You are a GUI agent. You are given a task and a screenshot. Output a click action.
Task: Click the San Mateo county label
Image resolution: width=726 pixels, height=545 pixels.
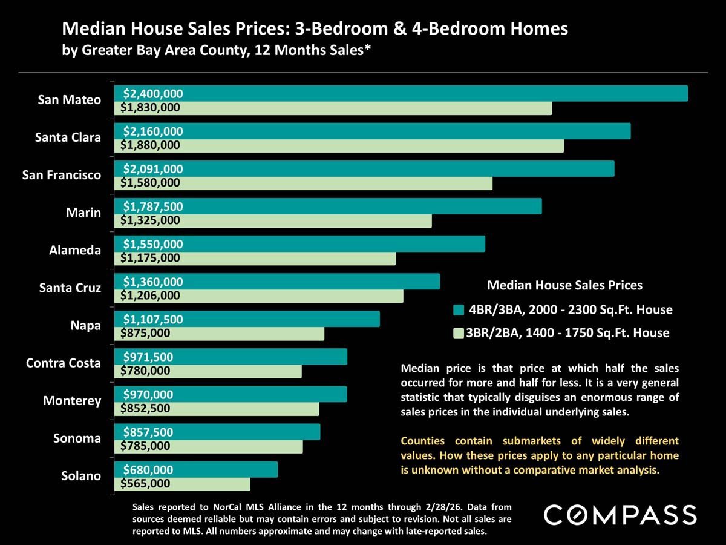[x=69, y=100]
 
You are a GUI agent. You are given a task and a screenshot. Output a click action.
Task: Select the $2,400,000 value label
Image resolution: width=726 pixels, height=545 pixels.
[x=152, y=94]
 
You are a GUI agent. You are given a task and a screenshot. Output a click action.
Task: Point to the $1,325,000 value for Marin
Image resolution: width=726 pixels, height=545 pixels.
[x=150, y=220]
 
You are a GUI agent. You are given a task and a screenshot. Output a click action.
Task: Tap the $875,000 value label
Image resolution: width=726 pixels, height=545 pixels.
[x=145, y=333]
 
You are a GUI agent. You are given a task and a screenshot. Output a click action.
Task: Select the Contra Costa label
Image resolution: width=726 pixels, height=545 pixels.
[x=63, y=363]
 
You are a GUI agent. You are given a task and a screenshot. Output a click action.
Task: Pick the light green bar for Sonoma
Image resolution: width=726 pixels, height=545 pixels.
[x=242, y=446]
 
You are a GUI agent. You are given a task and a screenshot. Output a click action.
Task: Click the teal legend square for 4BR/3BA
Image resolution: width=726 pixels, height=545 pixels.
[x=458, y=310]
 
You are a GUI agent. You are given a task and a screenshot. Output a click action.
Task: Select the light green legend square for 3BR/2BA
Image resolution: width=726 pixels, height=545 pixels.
[x=458, y=333]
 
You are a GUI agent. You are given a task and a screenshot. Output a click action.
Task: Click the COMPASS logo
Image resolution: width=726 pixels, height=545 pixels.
[x=620, y=515]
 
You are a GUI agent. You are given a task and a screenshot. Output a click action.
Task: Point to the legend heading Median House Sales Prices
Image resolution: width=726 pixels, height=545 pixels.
[x=564, y=285]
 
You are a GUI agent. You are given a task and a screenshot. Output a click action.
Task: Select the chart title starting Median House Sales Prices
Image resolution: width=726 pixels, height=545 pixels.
[x=315, y=28]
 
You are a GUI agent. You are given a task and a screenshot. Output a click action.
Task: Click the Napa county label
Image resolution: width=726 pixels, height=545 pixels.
[x=85, y=325]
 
